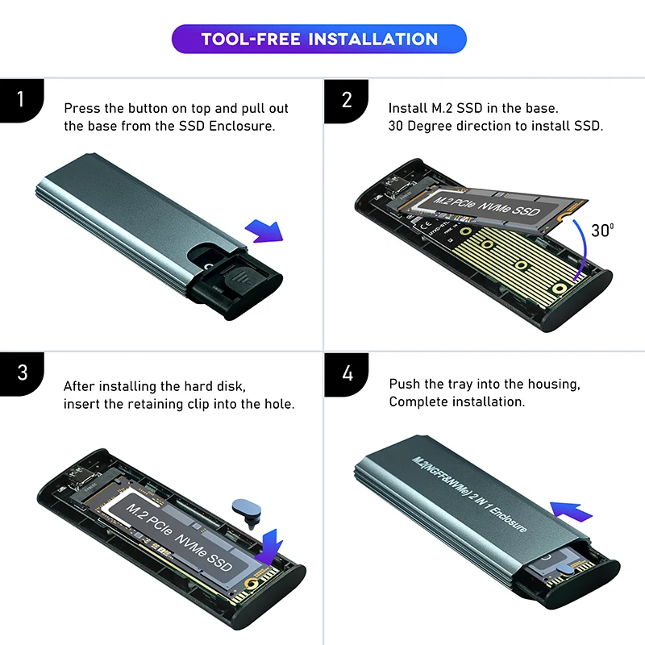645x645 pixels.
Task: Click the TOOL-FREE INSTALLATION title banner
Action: coord(318,39)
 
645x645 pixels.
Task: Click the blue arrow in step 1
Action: coord(264,231)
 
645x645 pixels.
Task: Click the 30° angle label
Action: coord(601,230)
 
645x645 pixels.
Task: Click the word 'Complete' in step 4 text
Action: coord(418,401)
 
